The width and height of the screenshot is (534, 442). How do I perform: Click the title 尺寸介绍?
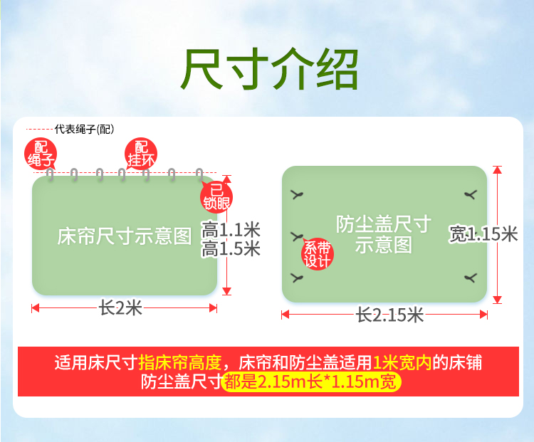tap(269, 69)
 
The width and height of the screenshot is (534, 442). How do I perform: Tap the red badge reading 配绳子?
tap(41, 154)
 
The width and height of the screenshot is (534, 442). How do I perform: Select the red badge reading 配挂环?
tap(141, 154)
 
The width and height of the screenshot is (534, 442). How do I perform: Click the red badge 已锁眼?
tap(216, 197)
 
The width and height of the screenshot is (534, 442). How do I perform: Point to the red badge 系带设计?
tap(318, 253)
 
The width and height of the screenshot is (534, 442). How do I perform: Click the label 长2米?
tap(120, 308)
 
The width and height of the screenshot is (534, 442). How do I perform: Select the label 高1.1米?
tap(231, 229)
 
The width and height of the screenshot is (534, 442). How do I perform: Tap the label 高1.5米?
tap(231, 248)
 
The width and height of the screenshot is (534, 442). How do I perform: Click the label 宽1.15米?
tap(483, 234)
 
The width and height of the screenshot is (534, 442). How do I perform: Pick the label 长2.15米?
tap(389, 315)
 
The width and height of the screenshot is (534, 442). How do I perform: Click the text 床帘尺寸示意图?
tap(125, 236)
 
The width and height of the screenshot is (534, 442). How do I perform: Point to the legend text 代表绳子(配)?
tap(84, 129)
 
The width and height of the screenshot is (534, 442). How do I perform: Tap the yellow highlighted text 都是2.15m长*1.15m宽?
tap(310, 382)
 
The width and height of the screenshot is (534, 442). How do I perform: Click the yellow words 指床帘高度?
tap(181, 362)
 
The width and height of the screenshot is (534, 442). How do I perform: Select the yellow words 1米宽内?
tap(402, 362)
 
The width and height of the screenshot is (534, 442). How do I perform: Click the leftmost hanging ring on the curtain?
tap(51, 174)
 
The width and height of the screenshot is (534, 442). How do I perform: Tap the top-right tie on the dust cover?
tap(471, 195)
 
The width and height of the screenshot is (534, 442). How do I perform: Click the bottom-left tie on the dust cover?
tap(297, 278)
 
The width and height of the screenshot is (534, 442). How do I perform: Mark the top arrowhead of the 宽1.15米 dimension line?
tap(498, 169)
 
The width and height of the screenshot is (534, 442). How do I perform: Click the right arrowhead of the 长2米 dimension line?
tap(213, 308)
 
